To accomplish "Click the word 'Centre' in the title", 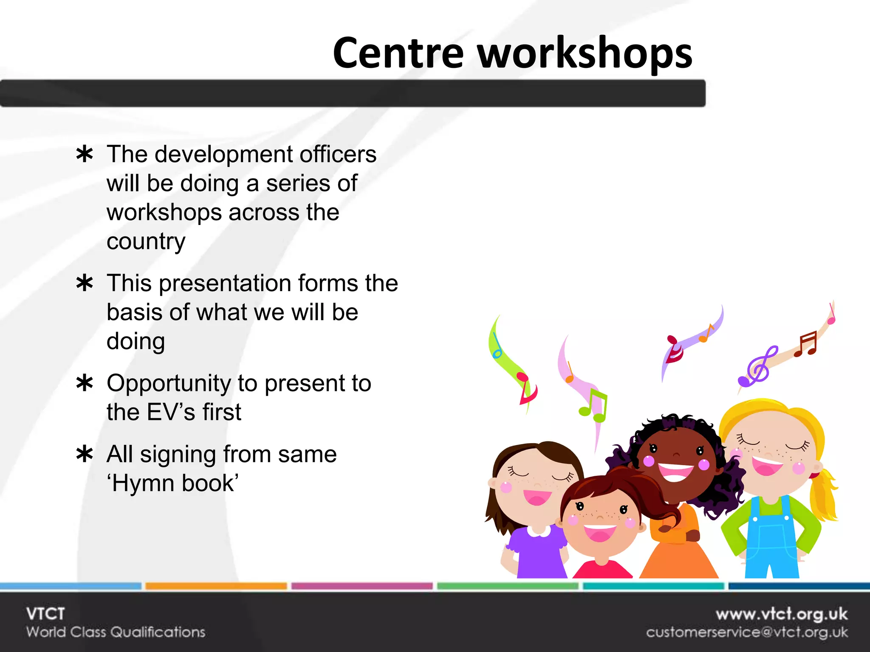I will [398, 53].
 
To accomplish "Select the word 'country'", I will [146, 242].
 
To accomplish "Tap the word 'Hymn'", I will [137, 483].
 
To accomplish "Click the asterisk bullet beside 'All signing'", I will [85, 454].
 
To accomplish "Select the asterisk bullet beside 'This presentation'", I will [85, 283].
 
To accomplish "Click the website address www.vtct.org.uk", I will [781, 614].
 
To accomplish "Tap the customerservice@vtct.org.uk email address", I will [747, 632].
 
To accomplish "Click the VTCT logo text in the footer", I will [45, 614].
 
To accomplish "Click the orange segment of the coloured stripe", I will [216, 586].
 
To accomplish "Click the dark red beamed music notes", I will [806, 344].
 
